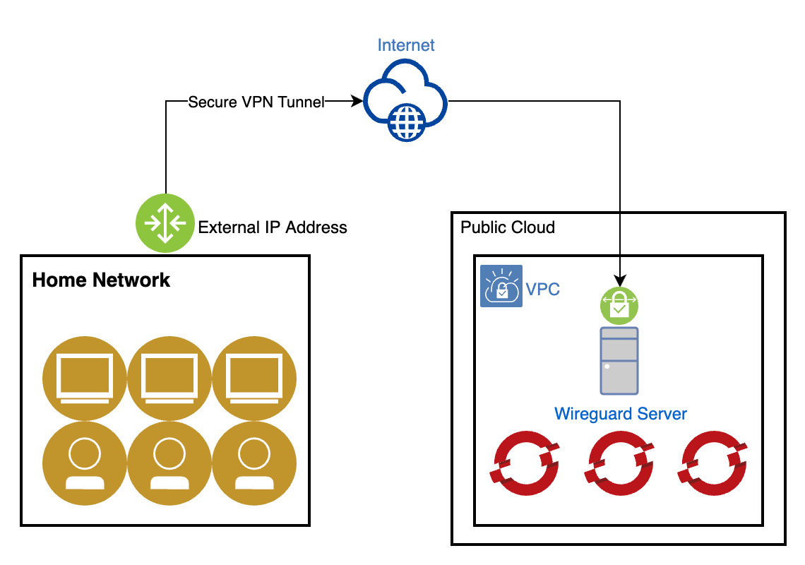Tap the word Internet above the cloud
406,45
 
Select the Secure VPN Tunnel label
256,102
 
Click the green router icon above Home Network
165,223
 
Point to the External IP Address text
273,227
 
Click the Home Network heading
101,280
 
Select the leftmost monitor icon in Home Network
85,379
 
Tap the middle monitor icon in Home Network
169,379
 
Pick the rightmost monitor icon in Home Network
254,379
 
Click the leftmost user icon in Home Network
85,463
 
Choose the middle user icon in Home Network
169,463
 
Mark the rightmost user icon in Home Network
254,463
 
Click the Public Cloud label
507,227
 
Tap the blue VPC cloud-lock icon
501,286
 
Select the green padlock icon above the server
619,304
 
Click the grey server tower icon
619,360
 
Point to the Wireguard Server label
620,414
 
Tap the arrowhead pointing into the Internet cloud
357,102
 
